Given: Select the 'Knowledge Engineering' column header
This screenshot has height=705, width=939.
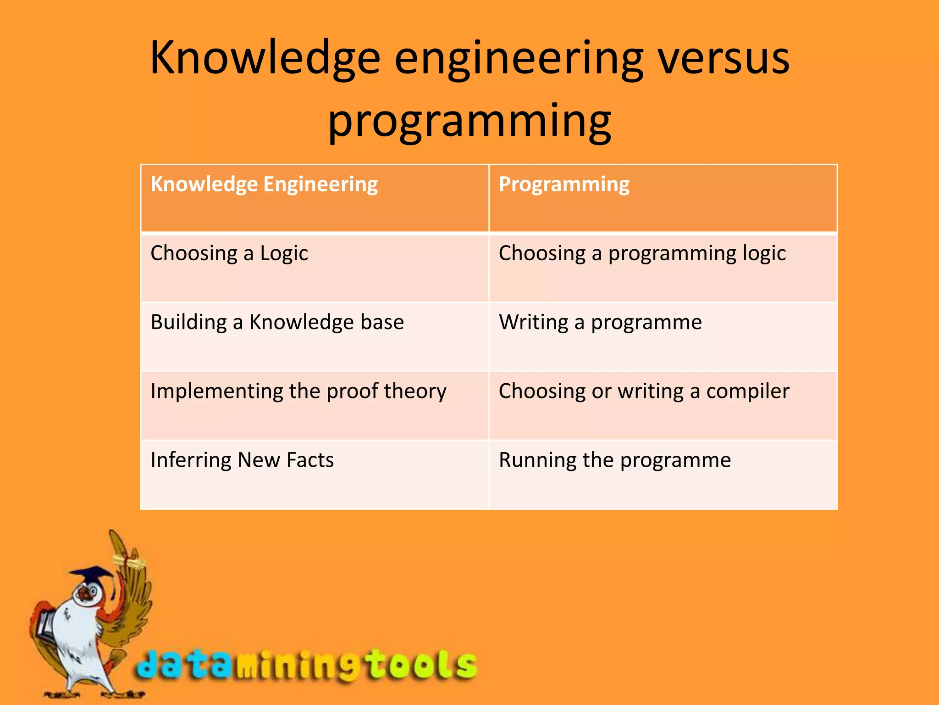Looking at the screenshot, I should [x=264, y=185].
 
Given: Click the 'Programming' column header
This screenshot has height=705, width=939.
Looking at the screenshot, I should [x=564, y=185].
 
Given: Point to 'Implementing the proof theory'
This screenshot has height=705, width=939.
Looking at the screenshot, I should [x=298, y=392].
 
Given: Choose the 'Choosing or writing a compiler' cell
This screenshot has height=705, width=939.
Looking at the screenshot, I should [x=644, y=392].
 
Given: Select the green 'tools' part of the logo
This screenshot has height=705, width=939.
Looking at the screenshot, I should [x=422, y=663].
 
